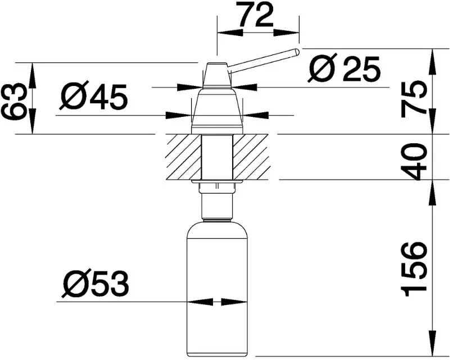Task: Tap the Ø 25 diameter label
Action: (344, 68)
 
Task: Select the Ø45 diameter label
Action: (94, 97)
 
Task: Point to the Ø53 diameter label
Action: (96, 284)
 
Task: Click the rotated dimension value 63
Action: (12, 102)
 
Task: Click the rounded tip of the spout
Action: (296, 52)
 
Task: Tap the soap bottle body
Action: (218, 289)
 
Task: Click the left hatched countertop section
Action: (184, 157)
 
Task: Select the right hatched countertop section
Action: (251, 157)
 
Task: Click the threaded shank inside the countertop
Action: (218, 157)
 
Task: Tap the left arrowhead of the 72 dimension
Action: (230, 33)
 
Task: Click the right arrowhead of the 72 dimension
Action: (286, 33)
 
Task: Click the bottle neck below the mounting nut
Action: (218, 207)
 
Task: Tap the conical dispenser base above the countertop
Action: (217, 111)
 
